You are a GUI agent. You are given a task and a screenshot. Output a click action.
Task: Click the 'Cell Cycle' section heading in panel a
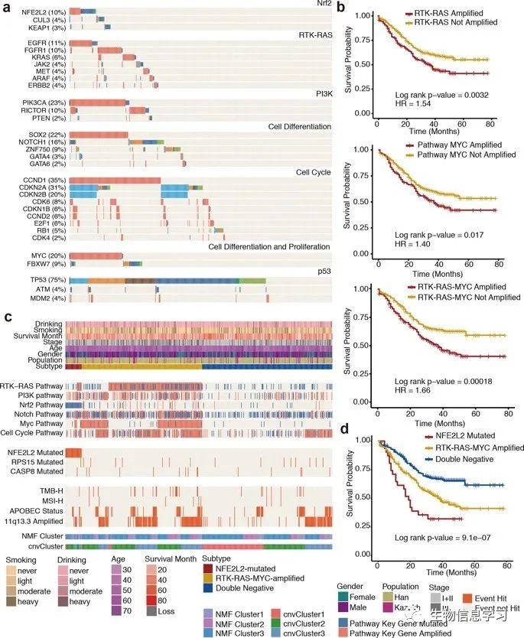[314, 172]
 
